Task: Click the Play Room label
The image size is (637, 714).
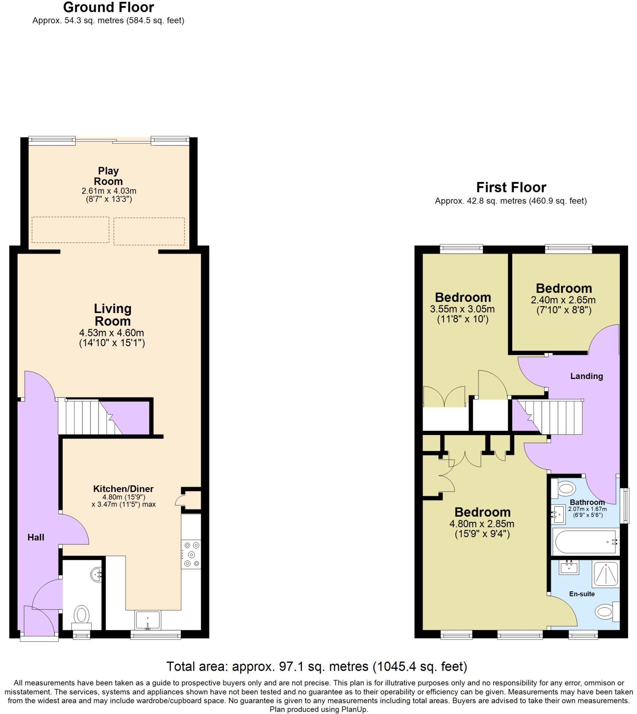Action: [108, 176]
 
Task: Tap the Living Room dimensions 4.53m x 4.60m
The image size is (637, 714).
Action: [112, 333]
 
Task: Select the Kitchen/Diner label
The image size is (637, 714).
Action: [123, 488]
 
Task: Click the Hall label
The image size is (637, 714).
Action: [36, 537]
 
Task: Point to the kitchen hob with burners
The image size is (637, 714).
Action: [191, 554]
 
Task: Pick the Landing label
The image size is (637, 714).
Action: [586, 376]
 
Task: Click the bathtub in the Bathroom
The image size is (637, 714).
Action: [585, 542]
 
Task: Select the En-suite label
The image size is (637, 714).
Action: [582, 594]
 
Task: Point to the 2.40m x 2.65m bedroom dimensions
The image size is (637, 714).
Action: [563, 300]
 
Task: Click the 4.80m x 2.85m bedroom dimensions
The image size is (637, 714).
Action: [482, 524]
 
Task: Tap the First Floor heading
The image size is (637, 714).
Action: [511, 188]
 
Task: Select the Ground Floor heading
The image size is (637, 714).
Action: [108, 7]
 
